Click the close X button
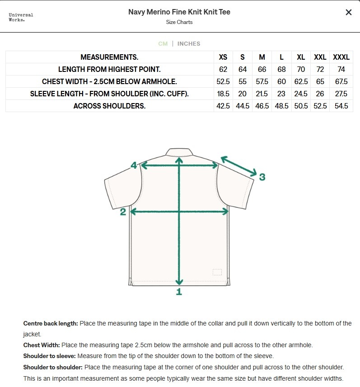348,13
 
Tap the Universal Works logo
21,17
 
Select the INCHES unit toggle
189,44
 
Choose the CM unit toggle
163,44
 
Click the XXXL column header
341,57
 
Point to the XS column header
223,57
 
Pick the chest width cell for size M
262,82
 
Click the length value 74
341,70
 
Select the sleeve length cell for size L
281,94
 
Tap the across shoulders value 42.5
223,106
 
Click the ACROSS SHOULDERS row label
109,106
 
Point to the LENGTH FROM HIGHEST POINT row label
109,70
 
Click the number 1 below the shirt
179,292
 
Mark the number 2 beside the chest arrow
123,212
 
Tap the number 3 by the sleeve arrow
262,177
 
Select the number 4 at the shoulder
134,165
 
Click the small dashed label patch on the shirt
217,272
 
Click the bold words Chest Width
42,345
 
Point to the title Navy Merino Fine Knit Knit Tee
179,12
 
